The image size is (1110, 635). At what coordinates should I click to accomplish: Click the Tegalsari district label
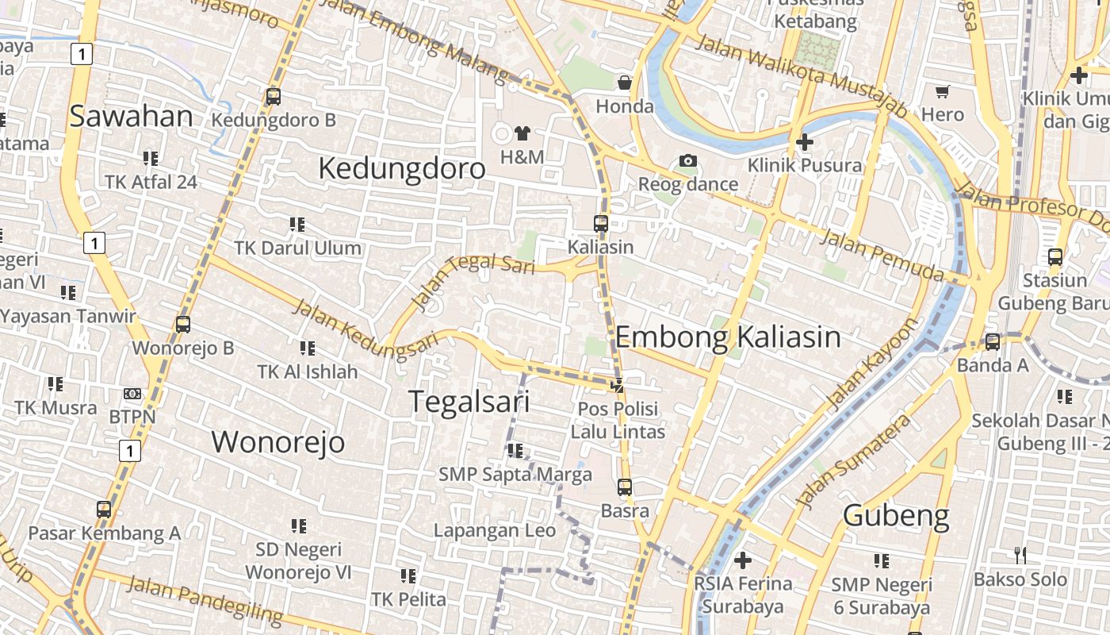click(469, 402)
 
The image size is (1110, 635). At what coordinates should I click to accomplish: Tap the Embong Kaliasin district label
click(727, 337)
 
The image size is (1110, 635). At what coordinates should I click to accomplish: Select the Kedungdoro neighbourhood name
click(401, 168)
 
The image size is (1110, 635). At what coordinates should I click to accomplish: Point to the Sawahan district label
click(131, 116)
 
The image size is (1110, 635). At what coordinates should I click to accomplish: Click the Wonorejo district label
click(277, 441)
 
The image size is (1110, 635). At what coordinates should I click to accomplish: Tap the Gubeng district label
click(896, 516)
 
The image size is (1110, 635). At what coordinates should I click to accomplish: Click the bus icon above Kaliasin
click(601, 224)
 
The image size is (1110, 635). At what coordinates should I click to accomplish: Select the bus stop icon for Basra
click(625, 487)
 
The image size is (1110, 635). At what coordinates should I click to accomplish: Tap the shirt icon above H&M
click(522, 133)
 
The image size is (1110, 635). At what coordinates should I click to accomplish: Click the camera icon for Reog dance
click(687, 161)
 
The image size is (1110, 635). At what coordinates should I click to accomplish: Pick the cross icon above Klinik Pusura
click(805, 142)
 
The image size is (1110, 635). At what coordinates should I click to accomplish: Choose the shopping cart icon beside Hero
click(943, 91)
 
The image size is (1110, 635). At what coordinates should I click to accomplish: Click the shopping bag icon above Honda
click(625, 83)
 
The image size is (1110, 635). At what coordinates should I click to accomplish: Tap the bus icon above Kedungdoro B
click(274, 97)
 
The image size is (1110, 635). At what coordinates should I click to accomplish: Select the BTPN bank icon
click(132, 394)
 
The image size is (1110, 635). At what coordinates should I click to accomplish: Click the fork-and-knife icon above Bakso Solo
click(1020, 556)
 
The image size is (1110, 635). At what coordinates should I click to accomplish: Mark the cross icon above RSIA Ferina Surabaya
click(743, 560)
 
